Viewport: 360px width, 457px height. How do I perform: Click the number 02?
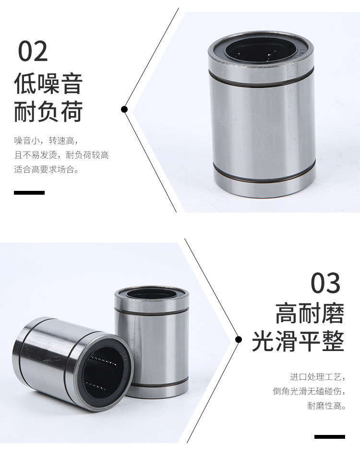(x=33, y=51)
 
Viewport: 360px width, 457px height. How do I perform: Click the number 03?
(x=325, y=283)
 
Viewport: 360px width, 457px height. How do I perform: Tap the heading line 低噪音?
(x=48, y=83)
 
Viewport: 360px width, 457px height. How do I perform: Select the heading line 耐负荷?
(x=48, y=111)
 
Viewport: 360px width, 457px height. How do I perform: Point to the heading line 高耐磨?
(x=310, y=313)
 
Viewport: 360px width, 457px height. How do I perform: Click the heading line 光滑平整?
(x=298, y=340)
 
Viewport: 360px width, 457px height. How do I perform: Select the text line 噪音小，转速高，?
(x=46, y=141)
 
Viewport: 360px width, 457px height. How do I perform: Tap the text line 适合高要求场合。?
(x=46, y=169)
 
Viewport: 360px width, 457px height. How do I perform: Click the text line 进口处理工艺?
(x=318, y=377)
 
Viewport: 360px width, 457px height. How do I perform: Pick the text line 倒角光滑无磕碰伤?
(x=309, y=391)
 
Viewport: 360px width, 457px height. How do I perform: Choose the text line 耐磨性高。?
(x=326, y=405)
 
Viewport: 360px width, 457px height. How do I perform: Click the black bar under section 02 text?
(x=29, y=193)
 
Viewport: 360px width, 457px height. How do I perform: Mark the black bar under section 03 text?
(x=330, y=436)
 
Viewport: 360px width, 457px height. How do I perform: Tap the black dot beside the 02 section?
(x=125, y=109)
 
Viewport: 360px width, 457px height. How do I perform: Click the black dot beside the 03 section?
(x=239, y=339)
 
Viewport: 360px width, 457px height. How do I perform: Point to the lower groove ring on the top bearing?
(x=264, y=174)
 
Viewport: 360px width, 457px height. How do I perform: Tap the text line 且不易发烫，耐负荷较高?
(x=61, y=155)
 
